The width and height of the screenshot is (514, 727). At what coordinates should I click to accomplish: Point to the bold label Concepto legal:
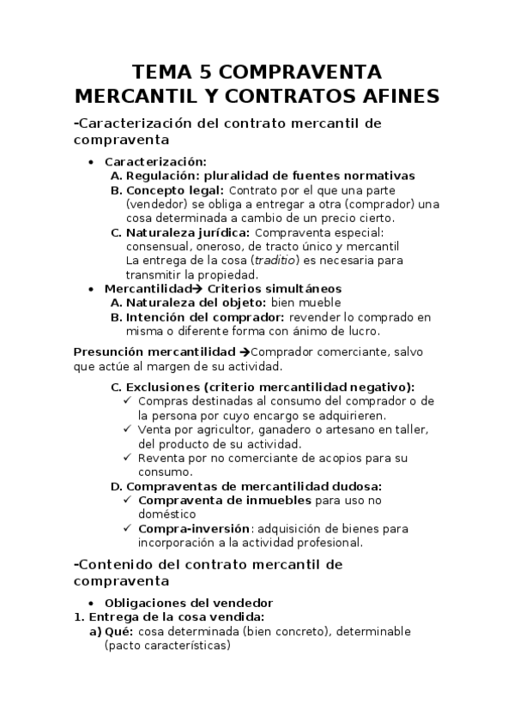tap(175, 190)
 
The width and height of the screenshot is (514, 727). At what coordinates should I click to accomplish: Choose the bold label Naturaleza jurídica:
tap(188, 232)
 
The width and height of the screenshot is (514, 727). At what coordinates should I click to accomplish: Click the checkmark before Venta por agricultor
tap(128, 430)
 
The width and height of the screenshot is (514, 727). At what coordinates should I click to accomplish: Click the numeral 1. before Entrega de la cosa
tap(79, 617)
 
